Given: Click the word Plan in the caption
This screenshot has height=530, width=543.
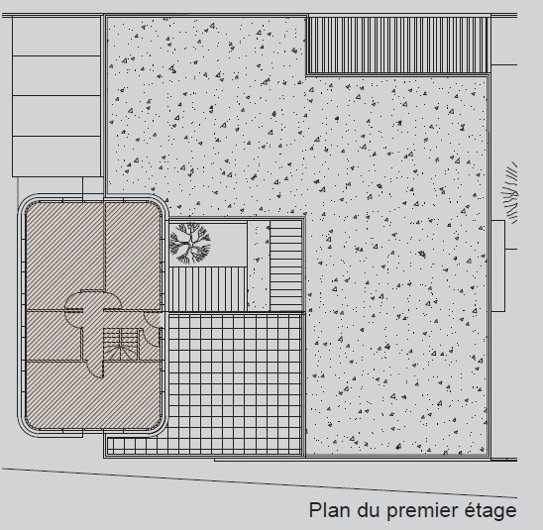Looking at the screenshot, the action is point(330,510).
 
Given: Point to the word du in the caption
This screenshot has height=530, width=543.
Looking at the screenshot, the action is point(369,510).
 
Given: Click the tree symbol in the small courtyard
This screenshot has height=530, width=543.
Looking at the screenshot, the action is point(190,243).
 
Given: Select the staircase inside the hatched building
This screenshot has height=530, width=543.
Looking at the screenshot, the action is point(121,344).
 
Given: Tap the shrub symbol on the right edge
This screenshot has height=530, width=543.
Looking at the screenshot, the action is point(509,192).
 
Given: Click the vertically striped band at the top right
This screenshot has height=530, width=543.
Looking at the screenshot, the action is point(398,45).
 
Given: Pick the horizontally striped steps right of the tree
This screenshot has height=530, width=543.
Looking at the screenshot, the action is point(285,265).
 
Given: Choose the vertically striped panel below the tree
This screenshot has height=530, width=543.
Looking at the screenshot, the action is point(208,289).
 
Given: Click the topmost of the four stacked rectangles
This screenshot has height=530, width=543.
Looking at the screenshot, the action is point(56,36).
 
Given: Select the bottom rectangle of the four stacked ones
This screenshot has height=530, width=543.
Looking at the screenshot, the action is point(56,157).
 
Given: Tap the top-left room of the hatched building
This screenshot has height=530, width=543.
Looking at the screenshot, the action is point(65,256).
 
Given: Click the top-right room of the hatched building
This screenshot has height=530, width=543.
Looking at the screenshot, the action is point(133,256).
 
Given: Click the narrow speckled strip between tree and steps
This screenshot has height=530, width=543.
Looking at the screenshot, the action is point(259,265).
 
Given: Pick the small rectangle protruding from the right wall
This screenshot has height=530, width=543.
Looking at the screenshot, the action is point(498,265).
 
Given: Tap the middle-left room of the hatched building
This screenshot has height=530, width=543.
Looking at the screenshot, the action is point(54,335).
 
